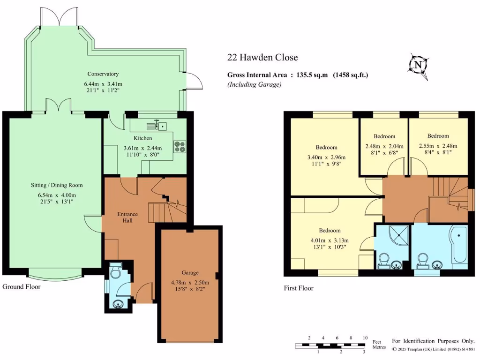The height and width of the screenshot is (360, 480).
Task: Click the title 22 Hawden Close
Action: [x=262, y=58]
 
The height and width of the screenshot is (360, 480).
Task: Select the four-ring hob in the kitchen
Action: [x=180, y=147]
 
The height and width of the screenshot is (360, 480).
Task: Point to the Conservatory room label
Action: [x=103, y=74]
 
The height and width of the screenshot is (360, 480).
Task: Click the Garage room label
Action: [x=190, y=272]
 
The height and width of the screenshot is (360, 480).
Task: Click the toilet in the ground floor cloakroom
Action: [x=115, y=272]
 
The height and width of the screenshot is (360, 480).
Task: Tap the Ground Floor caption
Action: [x=22, y=286]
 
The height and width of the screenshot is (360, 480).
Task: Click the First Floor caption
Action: [x=299, y=288]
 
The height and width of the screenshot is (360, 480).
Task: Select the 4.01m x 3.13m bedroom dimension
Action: [x=330, y=241]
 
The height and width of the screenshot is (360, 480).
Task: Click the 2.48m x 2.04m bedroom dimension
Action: [x=384, y=146]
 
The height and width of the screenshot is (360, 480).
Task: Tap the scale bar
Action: [x=331, y=346]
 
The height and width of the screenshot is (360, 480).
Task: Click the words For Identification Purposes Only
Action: [x=433, y=341]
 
